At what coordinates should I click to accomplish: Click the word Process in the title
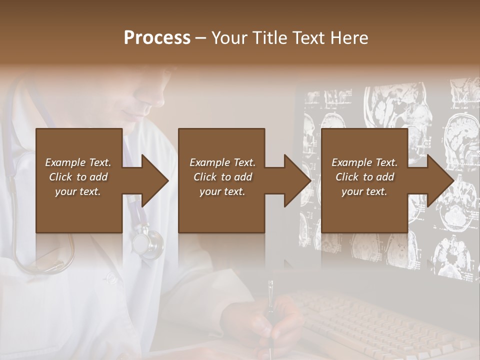157,38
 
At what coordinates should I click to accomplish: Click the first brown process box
78,180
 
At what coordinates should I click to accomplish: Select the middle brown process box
221,180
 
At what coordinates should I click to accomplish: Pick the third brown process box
364,180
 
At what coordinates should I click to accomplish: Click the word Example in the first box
65,162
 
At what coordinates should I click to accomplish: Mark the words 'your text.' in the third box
364,191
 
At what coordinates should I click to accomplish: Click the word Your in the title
228,38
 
